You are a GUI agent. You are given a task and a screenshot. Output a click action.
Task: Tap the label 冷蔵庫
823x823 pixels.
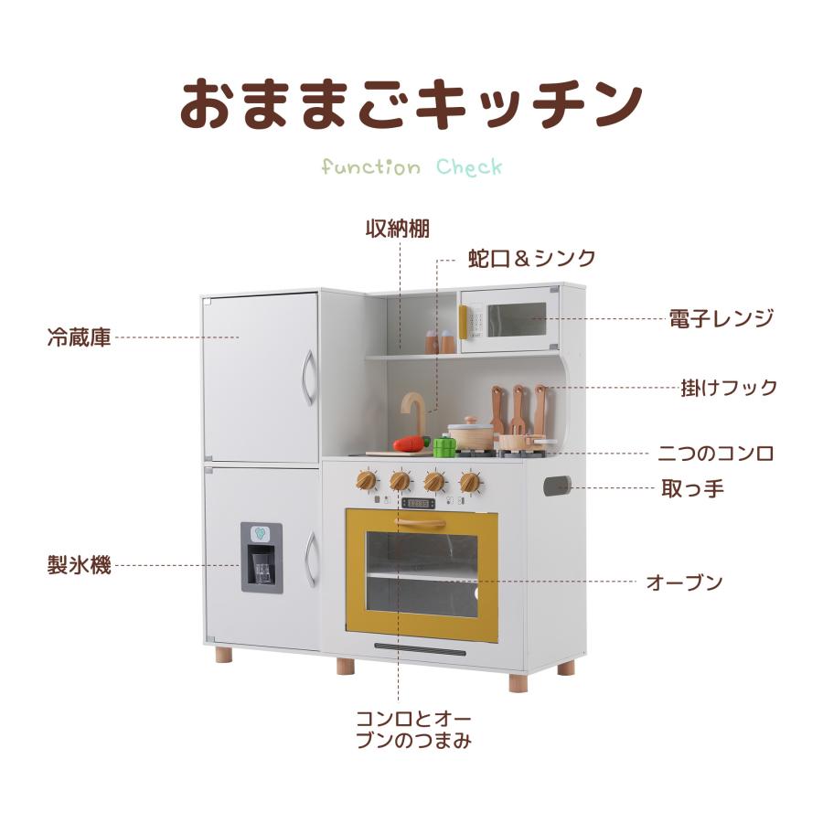pos(79,337)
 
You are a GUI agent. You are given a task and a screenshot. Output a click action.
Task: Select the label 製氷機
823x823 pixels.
pos(79,565)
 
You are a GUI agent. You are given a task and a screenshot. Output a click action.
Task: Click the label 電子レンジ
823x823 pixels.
pos(721,319)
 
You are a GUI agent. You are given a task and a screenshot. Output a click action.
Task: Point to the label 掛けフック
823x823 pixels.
pos(729,387)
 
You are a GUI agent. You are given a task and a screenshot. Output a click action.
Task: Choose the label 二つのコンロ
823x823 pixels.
pos(716,453)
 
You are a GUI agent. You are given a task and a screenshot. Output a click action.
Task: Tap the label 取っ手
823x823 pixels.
pos(692,487)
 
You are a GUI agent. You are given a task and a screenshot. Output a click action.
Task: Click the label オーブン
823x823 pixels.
pos(684,582)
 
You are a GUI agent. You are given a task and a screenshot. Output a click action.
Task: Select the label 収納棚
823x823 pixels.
pos(398,228)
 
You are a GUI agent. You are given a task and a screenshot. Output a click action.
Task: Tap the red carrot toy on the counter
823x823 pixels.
pos(411,444)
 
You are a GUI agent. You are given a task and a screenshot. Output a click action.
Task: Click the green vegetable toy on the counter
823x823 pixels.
pos(444,447)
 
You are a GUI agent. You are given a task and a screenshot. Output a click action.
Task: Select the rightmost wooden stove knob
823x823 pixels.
pos(470,481)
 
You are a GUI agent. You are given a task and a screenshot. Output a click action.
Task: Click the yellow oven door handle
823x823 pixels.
pos(421,523)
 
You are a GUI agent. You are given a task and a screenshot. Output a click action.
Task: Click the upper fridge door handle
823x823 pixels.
pos(309,378)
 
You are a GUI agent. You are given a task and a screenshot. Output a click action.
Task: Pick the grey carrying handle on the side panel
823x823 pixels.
pos(556,486)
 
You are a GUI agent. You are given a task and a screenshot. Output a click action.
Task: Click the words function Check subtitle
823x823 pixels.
pos(411,167)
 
